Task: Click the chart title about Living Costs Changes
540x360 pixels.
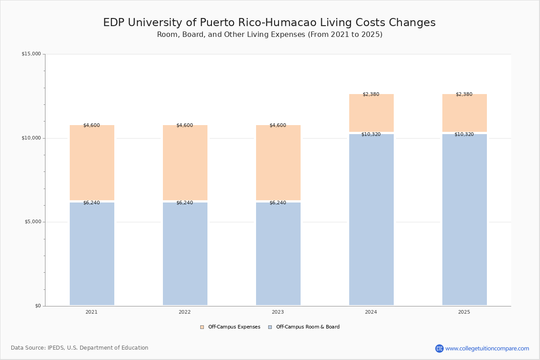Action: point(269,22)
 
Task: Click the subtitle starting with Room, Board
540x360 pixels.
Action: point(270,35)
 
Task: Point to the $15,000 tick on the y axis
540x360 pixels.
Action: point(31,54)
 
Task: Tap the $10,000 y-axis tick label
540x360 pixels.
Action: point(31,138)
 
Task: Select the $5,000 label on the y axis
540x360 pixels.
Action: point(33,221)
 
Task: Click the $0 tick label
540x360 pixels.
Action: point(38,306)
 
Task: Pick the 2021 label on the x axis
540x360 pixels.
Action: point(92,312)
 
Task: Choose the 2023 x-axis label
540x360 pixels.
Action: point(278,312)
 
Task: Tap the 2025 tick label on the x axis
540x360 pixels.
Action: point(464,312)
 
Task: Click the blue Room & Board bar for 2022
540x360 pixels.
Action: point(185,254)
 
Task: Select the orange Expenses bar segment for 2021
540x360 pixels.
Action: point(92,162)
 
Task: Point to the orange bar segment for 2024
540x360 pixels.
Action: point(372,113)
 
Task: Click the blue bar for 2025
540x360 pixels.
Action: point(464,220)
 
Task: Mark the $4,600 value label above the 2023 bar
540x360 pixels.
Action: point(278,125)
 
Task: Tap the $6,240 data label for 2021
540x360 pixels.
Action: point(92,202)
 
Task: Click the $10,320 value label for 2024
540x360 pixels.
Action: point(371,134)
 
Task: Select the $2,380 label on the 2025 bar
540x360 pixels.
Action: point(464,94)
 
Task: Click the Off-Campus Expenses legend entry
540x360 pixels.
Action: point(230,327)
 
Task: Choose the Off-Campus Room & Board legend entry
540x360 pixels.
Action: point(304,327)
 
